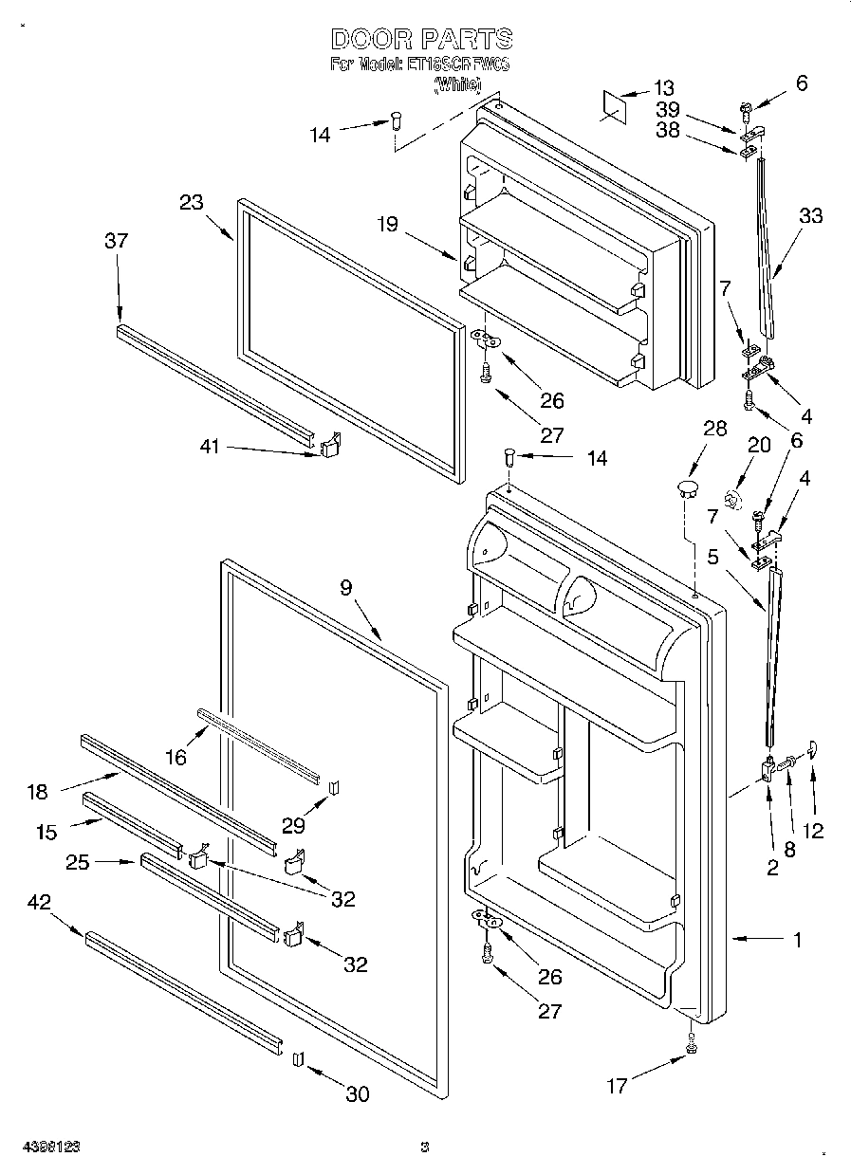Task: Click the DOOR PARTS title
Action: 422,39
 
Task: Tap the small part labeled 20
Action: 731,497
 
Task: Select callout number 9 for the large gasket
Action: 346,587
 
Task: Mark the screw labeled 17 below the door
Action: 691,1047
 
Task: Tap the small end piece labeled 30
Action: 297,1058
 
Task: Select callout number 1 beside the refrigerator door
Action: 797,940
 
